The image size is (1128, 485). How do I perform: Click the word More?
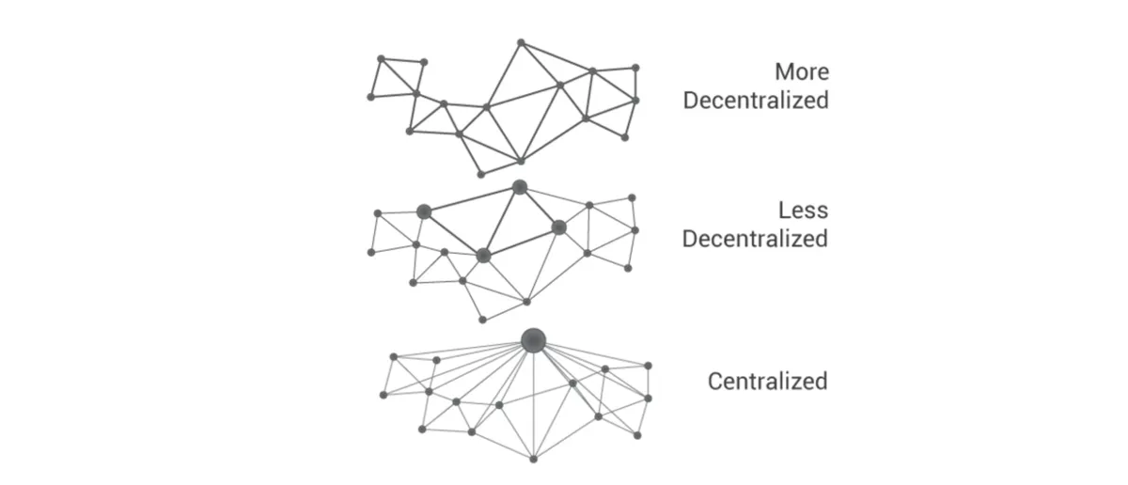click(802, 72)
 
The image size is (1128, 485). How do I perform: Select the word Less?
click(803, 211)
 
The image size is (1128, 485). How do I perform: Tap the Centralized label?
click(767, 382)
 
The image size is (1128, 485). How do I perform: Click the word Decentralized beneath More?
click(756, 101)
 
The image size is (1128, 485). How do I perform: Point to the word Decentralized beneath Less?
click(755, 239)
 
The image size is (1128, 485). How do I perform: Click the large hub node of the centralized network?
click(533, 341)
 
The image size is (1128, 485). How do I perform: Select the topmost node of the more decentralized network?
click(521, 43)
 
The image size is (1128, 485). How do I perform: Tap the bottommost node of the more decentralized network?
click(481, 175)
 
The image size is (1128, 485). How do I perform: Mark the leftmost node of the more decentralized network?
click(370, 97)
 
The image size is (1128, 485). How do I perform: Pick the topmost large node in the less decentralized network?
click(520, 187)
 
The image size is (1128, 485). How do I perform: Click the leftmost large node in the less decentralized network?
click(424, 211)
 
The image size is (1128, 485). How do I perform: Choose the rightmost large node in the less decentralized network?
click(559, 227)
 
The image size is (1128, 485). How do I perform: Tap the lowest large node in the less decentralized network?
click(483, 256)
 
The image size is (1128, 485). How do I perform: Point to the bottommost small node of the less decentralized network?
click(482, 320)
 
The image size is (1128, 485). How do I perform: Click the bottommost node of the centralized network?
click(533, 459)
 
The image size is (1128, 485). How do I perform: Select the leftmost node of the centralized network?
click(384, 395)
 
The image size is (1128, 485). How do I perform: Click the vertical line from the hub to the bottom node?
click(533, 399)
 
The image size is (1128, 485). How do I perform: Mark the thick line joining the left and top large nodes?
click(472, 199)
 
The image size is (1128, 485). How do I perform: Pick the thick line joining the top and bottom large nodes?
click(502, 222)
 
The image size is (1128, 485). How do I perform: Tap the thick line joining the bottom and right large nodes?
click(521, 242)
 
